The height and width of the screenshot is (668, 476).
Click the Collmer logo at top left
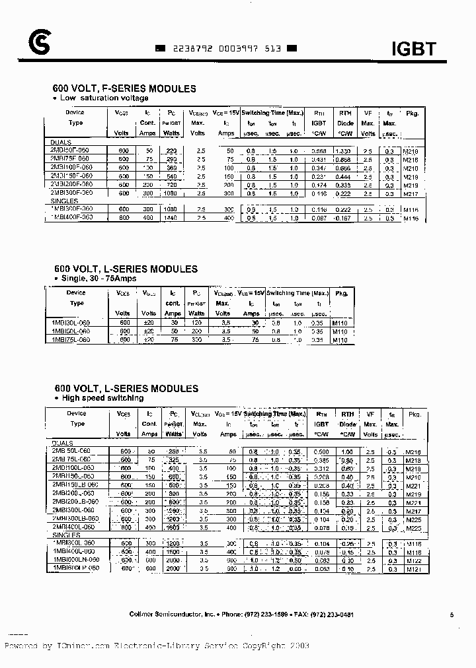point(39,44)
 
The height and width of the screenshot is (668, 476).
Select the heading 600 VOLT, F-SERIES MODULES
point(124,88)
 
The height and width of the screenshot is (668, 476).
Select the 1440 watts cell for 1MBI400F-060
point(172,218)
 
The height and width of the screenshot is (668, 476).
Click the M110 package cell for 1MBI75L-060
point(339,340)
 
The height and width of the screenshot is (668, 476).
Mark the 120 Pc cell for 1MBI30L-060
point(196,322)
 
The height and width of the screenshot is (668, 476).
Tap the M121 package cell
point(413,568)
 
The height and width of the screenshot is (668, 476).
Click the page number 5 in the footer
point(451,615)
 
